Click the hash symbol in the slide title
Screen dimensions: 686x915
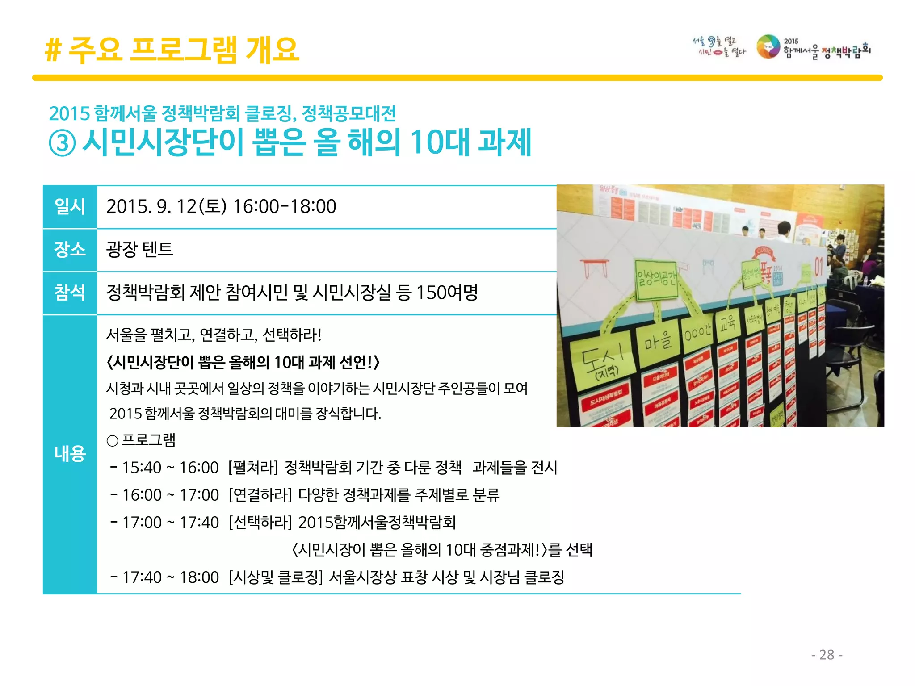point(53,50)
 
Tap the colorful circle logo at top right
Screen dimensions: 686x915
point(768,47)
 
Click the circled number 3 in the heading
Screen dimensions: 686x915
point(62,144)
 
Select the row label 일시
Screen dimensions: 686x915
point(70,206)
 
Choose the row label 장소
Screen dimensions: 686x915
point(70,249)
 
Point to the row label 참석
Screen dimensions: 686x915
point(70,293)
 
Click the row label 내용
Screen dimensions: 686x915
point(70,453)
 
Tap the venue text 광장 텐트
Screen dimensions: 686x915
point(139,249)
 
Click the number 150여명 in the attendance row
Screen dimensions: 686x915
point(447,293)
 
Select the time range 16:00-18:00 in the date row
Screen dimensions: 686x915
point(285,206)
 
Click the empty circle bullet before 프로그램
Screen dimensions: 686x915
point(113,441)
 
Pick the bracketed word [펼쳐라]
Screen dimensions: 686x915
point(253,468)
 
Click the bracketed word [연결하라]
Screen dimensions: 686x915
point(260,495)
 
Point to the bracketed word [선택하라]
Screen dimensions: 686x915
point(260,522)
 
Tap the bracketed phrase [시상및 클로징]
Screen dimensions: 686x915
point(275,577)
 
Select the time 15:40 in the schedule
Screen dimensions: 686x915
point(142,468)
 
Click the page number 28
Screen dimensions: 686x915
point(827,655)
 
